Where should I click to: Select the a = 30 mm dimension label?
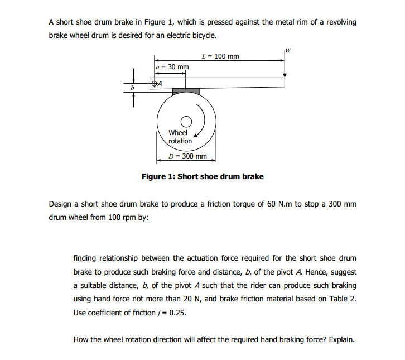[x=172, y=67]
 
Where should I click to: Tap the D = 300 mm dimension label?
[x=187, y=156]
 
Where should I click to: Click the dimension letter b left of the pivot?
[x=133, y=88]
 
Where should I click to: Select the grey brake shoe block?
[x=186, y=91]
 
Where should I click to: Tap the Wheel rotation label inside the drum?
[x=180, y=137]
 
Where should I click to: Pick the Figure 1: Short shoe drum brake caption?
[x=202, y=177]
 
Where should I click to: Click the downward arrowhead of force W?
[x=285, y=74]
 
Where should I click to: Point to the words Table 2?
[x=341, y=299]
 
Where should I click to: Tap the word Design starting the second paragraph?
[x=61, y=204]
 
